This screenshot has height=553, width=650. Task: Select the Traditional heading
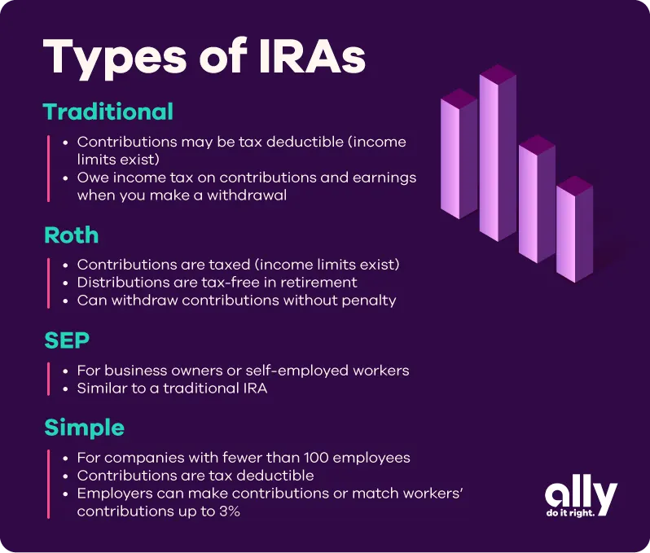click(x=108, y=112)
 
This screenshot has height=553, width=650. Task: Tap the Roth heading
click(x=71, y=235)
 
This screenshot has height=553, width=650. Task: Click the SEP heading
click(x=66, y=340)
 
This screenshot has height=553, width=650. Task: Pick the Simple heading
click(x=84, y=427)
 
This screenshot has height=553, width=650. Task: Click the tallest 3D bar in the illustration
click(x=497, y=155)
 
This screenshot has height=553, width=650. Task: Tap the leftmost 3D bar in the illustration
click(x=459, y=155)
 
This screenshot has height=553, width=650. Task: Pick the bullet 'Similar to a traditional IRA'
click(x=172, y=388)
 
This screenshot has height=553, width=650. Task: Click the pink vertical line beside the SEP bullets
click(x=49, y=380)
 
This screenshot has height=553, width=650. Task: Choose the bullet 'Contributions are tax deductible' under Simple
click(x=195, y=475)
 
